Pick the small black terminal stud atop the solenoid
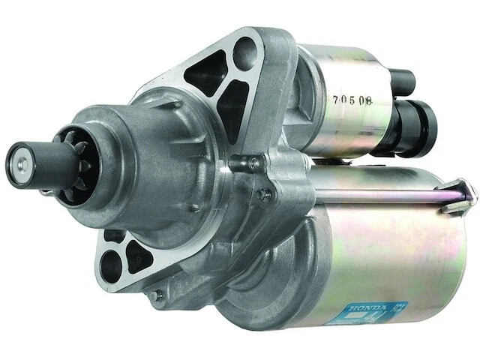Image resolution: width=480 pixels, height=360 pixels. point(402,79)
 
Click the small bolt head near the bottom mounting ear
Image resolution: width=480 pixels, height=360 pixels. point(155,295)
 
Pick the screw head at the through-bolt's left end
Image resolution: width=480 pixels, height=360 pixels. point(263,194)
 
